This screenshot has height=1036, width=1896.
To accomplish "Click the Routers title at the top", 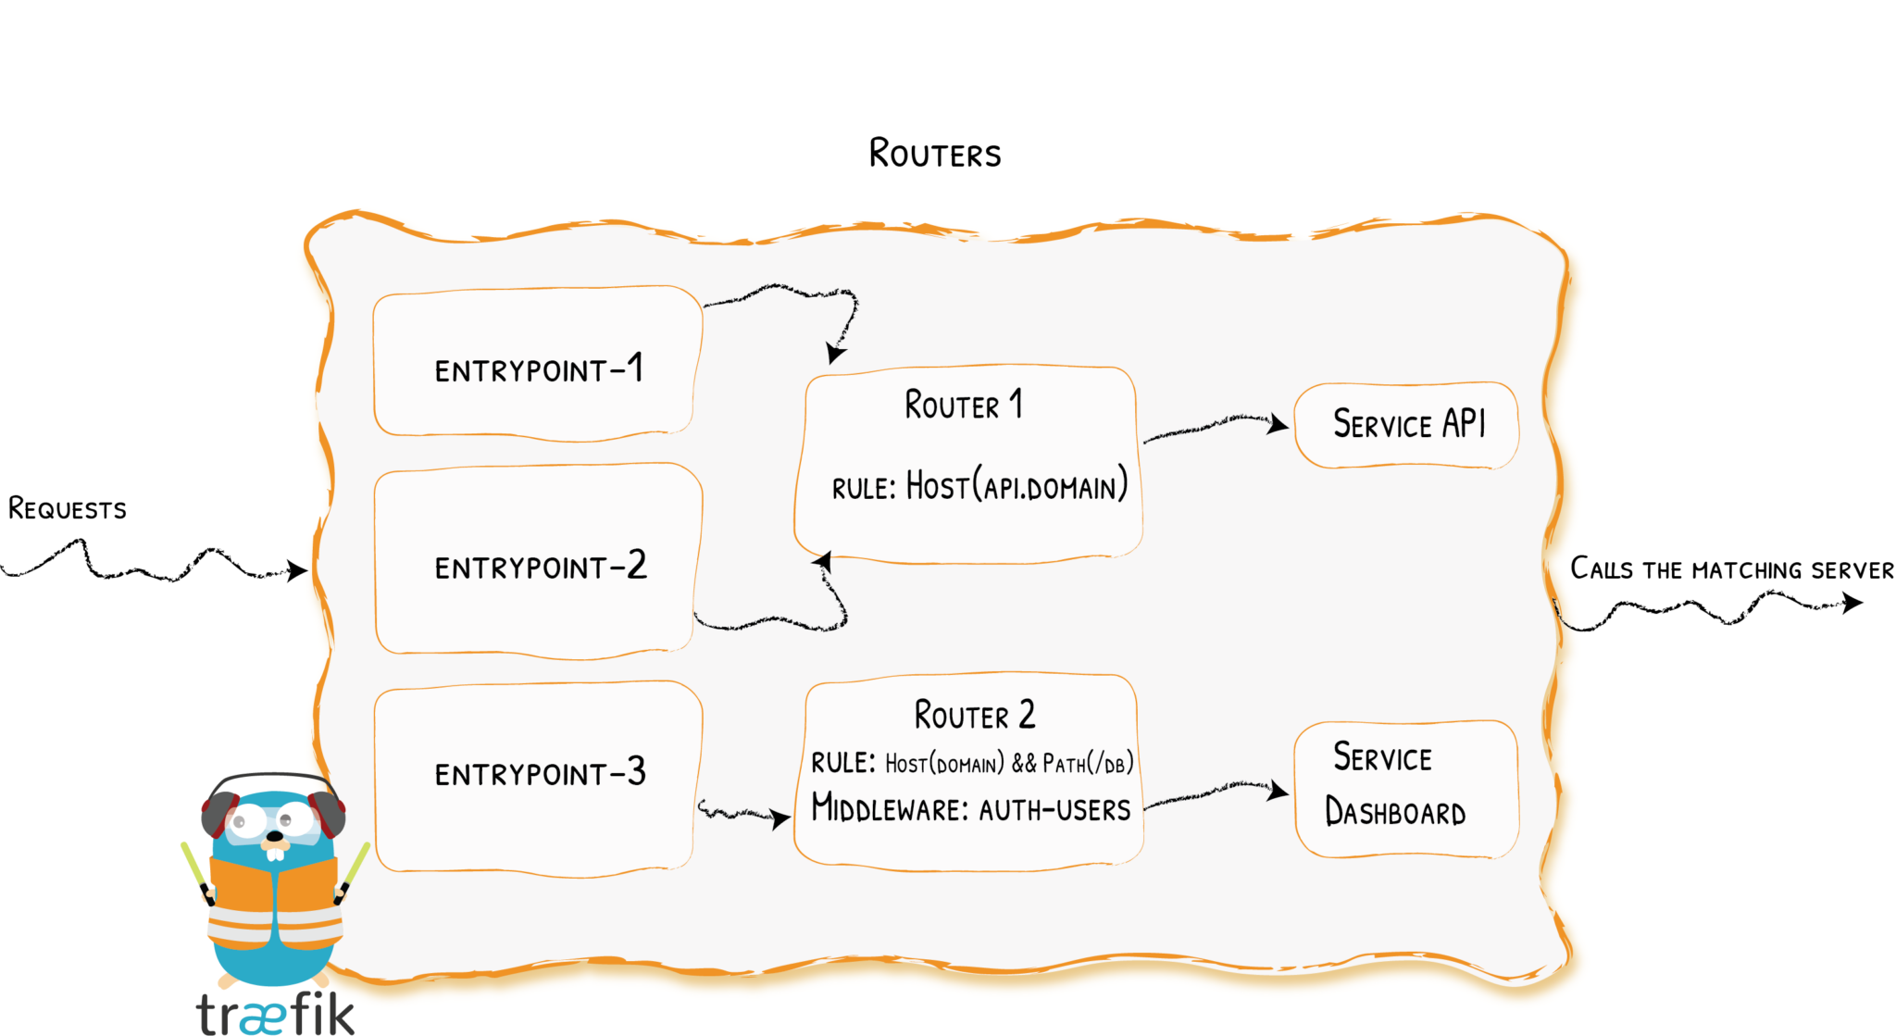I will (x=934, y=154).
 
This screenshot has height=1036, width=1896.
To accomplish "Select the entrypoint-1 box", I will (x=537, y=363).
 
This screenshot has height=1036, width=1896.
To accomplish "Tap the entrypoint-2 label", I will (x=541, y=566).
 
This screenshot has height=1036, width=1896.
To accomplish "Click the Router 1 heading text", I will (x=963, y=406).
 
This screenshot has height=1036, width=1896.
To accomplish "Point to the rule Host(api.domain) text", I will (x=979, y=486).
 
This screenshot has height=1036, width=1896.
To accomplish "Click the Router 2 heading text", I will (x=974, y=715).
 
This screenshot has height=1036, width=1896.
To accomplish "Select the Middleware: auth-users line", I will (x=970, y=808).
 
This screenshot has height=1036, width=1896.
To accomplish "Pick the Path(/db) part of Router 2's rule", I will (x=1088, y=763).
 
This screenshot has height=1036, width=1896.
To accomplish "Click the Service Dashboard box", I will (x=1405, y=789).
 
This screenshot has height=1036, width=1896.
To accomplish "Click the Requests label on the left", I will (x=67, y=509).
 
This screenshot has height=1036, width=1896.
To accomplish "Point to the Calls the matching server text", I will (x=1731, y=568).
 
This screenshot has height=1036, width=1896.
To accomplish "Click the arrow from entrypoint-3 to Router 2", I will (x=741, y=814).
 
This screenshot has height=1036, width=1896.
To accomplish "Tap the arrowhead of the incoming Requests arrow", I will (x=297, y=569).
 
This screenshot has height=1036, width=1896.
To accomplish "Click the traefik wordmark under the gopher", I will (x=275, y=1014).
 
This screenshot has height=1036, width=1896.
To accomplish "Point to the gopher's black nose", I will (x=275, y=836).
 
